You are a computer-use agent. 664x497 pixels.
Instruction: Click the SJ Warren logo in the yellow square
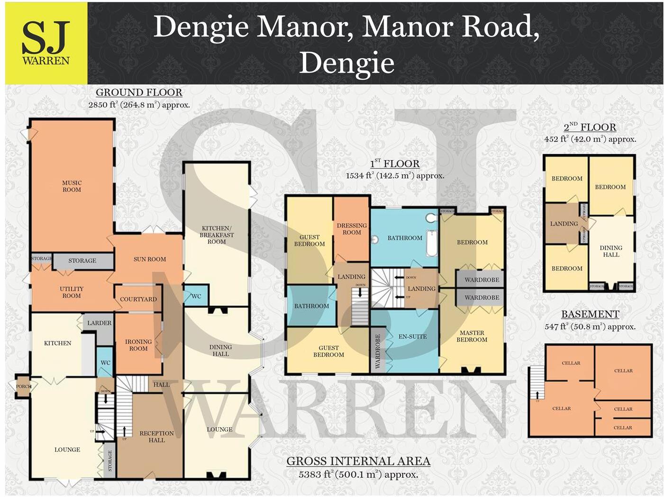(x=46, y=43)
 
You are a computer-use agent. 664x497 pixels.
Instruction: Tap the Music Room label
(x=72, y=186)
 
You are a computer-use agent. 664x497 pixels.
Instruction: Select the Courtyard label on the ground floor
(x=138, y=299)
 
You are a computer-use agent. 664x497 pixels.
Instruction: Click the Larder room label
(x=100, y=323)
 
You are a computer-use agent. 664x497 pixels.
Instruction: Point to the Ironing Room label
(x=138, y=345)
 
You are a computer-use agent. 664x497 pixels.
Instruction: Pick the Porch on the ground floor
(x=23, y=387)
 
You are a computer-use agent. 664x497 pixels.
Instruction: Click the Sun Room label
(x=150, y=259)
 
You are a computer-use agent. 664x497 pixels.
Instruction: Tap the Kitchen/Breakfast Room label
(x=217, y=235)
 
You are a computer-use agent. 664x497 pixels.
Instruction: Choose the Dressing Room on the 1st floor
(x=352, y=229)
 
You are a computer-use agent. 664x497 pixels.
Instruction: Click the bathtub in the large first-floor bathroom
(x=432, y=244)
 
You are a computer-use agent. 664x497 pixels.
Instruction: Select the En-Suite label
(x=412, y=336)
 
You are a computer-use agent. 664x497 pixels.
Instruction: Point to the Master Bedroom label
(x=472, y=336)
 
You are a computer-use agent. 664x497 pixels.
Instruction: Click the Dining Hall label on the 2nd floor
(x=611, y=251)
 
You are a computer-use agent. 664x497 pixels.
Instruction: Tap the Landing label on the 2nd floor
(x=564, y=224)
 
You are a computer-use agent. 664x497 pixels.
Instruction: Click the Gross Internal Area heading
(x=358, y=461)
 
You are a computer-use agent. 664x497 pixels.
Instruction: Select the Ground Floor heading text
(x=139, y=92)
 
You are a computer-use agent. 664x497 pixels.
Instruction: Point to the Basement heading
(x=590, y=314)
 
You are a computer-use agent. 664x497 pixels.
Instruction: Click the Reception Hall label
(x=156, y=436)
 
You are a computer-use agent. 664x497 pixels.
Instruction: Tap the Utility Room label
(x=72, y=292)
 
